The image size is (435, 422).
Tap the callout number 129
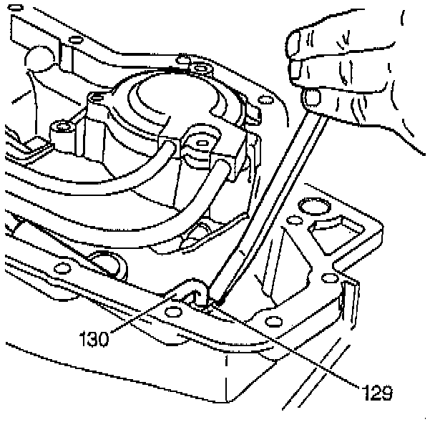[x=376, y=391]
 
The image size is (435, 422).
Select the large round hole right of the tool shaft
[x=313, y=208]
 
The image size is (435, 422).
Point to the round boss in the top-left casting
[x=37, y=57]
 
